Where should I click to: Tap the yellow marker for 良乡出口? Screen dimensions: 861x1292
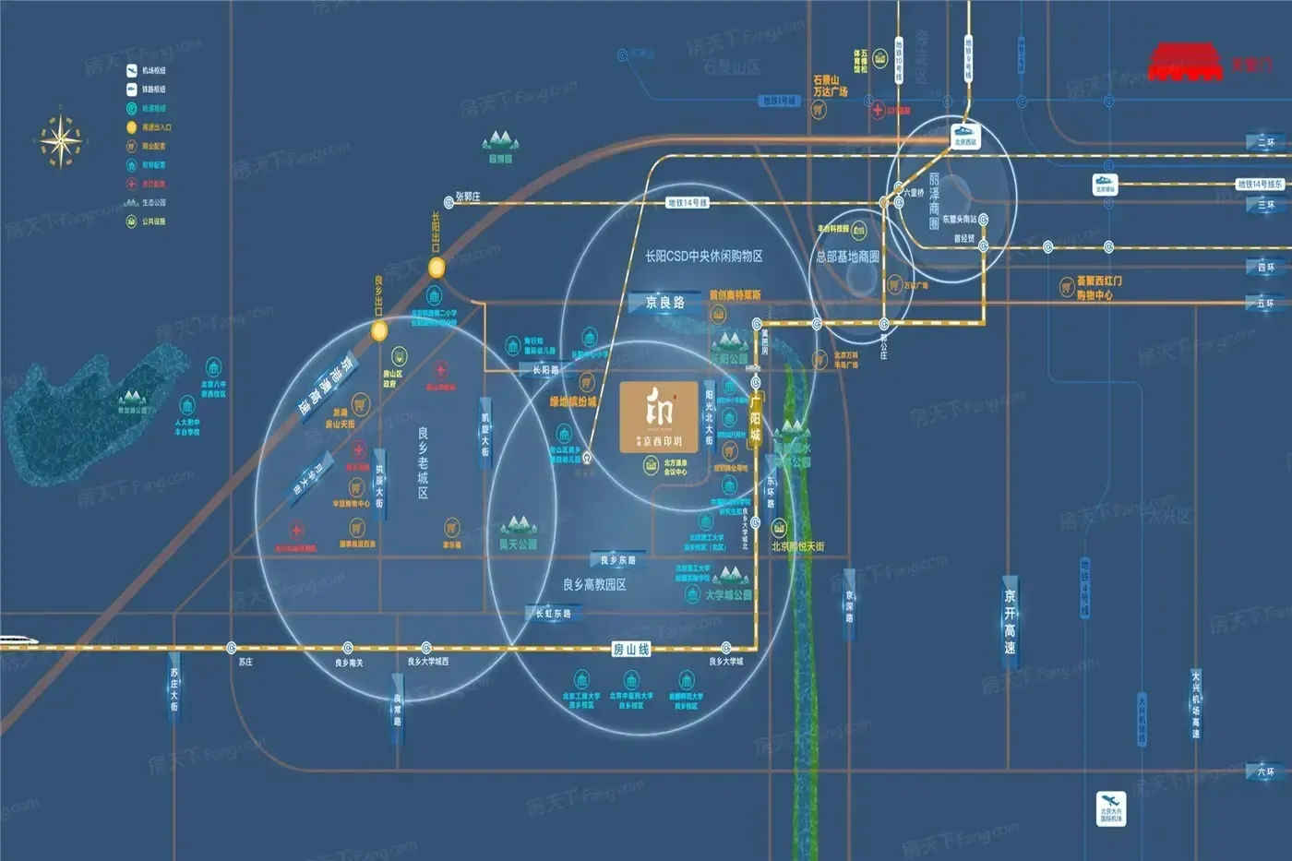pos(378,330)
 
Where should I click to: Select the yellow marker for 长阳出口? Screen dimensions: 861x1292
pos(437,268)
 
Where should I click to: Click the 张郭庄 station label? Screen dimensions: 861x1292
pos(468,197)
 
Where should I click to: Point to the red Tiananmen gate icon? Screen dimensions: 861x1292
pos(1185,62)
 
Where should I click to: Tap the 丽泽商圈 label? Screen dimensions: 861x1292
pos(934,202)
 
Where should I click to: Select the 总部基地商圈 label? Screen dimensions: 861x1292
pos(848,257)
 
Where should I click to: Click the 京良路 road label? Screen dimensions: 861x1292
pos(665,303)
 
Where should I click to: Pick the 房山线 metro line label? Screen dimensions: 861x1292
pos(631,650)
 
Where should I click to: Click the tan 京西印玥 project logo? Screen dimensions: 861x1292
pos(660,417)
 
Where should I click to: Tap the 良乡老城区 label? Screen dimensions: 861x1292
pos(423,462)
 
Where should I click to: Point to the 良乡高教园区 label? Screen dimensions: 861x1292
pos(594,585)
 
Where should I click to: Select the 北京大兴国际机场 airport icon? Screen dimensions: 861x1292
pos(1111,808)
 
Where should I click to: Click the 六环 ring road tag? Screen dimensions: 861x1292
pos(1264,771)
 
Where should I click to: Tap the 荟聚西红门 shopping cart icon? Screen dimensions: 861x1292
pos(1066,288)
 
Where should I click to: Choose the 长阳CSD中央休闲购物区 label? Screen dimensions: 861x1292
pos(703,256)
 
